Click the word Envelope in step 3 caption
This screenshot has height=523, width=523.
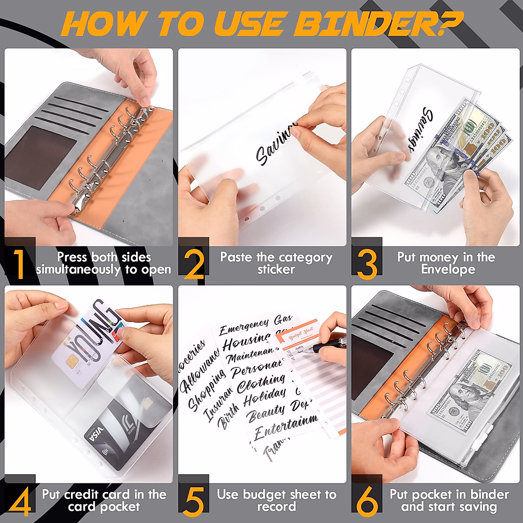(x=448, y=269)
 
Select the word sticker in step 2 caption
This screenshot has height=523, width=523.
(x=276, y=269)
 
